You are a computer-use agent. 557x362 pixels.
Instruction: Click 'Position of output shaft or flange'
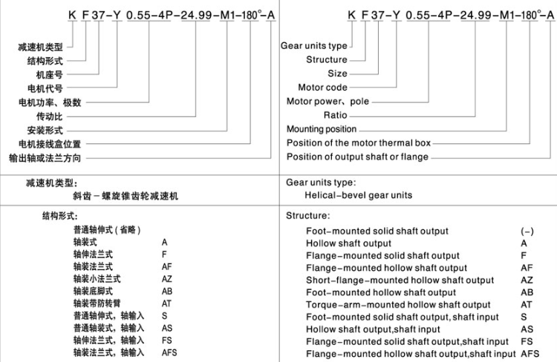[x=357, y=157]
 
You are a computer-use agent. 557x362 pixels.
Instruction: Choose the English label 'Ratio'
[x=335, y=116]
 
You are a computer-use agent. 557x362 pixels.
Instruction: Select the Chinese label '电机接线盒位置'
[x=50, y=144]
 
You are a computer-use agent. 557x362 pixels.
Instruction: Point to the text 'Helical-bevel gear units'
[x=359, y=195]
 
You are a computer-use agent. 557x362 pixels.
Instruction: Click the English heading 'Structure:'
[x=308, y=216]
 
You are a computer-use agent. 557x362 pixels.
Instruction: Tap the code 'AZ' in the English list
[x=527, y=280]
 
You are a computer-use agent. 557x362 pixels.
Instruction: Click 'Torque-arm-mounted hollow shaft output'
[x=398, y=305]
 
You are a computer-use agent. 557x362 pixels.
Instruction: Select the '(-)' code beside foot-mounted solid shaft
[x=527, y=231]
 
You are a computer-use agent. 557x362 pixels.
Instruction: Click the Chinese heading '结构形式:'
[x=60, y=217]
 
